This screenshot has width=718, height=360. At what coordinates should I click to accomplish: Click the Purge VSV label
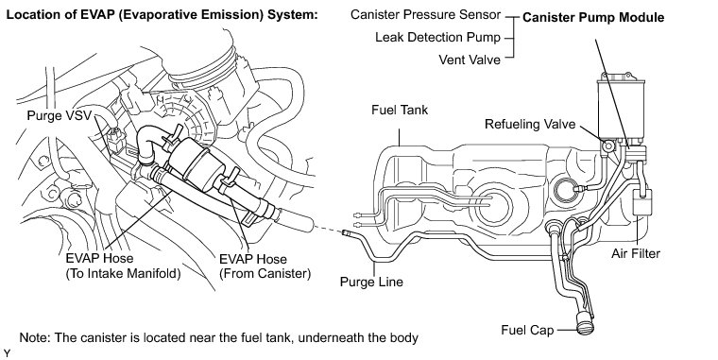(x=60, y=115)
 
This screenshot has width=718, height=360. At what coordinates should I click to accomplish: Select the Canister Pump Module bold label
(x=593, y=17)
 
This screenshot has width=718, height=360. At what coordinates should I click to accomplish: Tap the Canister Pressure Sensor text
(x=425, y=15)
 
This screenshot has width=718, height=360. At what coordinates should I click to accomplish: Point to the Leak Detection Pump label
(x=437, y=37)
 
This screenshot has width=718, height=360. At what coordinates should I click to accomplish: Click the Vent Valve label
(x=470, y=60)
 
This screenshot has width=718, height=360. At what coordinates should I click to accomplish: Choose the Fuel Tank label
(x=400, y=110)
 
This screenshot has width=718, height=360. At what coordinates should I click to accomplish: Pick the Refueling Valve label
(x=530, y=124)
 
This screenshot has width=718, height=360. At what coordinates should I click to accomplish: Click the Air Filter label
(x=636, y=253)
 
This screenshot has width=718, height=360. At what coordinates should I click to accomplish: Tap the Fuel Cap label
(x=527, y=330)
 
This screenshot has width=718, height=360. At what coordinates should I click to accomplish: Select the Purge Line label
(x=371, y=282)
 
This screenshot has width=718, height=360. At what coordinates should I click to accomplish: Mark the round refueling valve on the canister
(x=608, y=146)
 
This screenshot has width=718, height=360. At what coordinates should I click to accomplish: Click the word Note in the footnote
(x=33, y=338)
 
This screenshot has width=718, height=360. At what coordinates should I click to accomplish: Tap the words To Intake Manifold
(x=123, y=274)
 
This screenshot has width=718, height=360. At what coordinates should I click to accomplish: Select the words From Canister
(x=265, y=274)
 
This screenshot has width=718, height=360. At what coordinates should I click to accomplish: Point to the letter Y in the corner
(x=7, y=353)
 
